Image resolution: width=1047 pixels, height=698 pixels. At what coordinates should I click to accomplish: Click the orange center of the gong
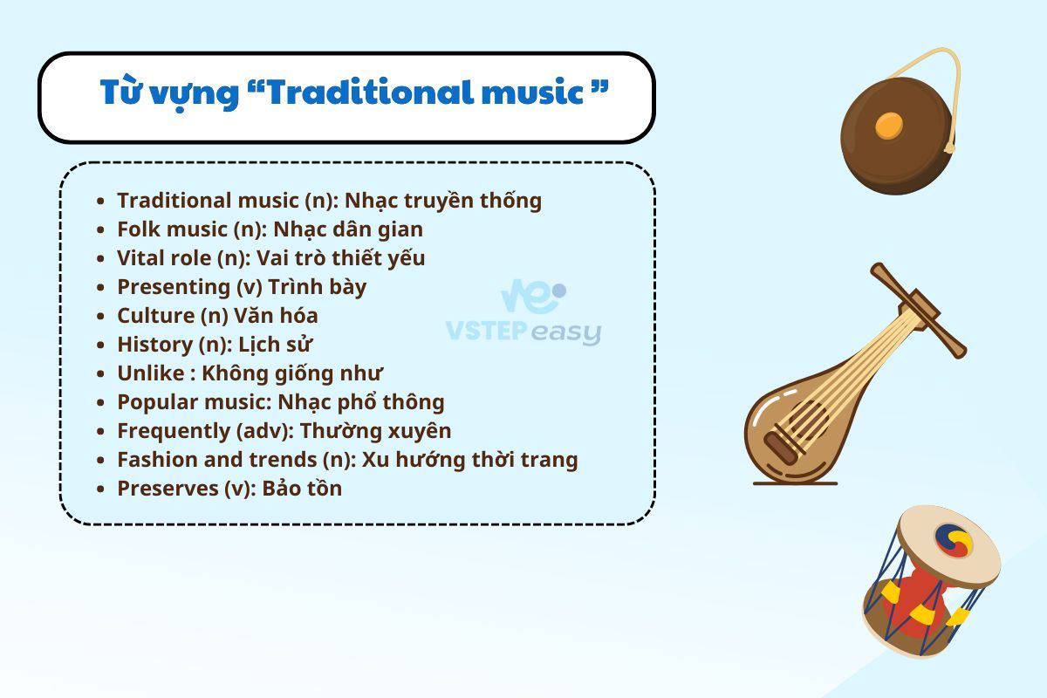pos(888,126)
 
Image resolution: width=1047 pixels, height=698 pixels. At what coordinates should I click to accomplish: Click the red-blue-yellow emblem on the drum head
pos(954,541)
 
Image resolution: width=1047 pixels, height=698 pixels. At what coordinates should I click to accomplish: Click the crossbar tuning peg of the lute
pos(918,311)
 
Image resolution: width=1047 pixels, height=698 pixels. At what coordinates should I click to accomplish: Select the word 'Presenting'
pos(174,288)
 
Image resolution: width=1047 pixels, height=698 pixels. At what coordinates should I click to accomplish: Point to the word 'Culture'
pos(155,316)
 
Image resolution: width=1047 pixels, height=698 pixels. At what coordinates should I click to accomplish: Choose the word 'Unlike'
pos(150,373)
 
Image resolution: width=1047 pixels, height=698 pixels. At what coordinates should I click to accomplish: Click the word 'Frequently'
pos(174,432)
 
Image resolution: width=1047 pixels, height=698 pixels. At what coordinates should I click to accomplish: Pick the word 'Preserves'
pos(168,489)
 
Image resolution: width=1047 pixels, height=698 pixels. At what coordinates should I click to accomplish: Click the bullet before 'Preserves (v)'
pos(100,489)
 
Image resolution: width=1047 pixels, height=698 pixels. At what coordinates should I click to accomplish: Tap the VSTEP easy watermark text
pos(523,332)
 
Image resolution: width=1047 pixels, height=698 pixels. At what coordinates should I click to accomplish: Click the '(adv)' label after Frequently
pos(264,432)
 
